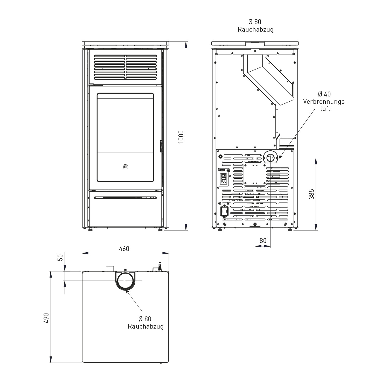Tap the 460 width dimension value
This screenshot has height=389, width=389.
[x=124, y=249]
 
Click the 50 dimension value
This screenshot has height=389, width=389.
[x=60, y=258]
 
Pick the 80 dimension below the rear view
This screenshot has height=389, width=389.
[x=263, y=241]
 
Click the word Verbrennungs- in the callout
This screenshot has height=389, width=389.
[x=325, y=101]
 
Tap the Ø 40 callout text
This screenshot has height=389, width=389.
[x=324, y=94]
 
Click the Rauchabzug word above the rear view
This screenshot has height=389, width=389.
[x=255, y=30]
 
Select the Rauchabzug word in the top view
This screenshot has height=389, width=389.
[x=145, y=326]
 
